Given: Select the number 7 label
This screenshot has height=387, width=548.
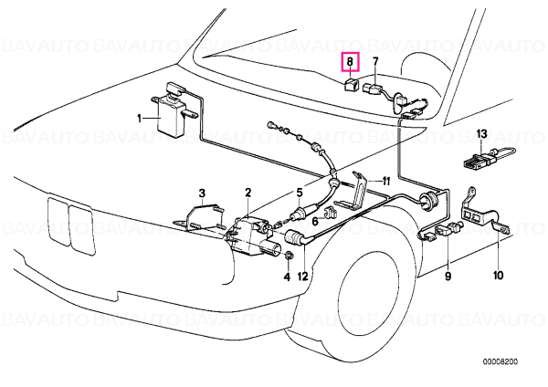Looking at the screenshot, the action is pyautogui.click(x=375, y=61).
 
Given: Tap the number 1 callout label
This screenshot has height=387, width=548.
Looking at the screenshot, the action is pyautogui.click(x=140, y=119).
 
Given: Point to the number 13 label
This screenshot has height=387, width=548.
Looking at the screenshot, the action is pyautogui.click(x=481, y=134).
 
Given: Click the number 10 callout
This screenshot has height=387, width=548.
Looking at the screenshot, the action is pyautogui.click(x=498, y=276).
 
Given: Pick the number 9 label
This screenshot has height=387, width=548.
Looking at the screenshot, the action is pyautogui.click(x=448, y=276).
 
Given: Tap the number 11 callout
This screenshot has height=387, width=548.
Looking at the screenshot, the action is pyautogui.click(x=385, y=181).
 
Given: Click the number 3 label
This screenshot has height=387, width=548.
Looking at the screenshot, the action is pyautogui.click(x=202, y=193).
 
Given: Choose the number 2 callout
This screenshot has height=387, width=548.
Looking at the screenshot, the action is pyautogui.click(x=248, y=192).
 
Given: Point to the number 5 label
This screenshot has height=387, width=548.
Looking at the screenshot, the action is pyautogui.click(x=300, y=193).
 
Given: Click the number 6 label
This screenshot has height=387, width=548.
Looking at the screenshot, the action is pyautogui.click(x=315, y=221).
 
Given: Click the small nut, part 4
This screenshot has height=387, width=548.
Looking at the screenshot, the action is pyautogui.click(x=289, y=256).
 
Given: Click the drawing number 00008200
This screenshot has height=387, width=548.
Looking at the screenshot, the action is pyautogui.click(x=501, y=361).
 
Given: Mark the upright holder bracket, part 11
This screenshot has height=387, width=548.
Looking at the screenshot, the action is pyautogui.click(x=356, y=192).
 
